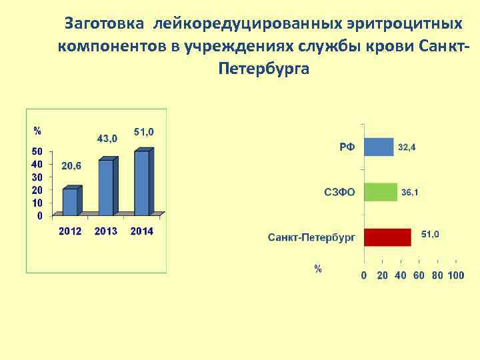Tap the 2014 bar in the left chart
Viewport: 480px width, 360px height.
[x=142, y=182]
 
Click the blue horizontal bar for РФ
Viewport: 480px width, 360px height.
[x=379, y=147]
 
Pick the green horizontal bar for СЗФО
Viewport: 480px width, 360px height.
[x=381, y=193]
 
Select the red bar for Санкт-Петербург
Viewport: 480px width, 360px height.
[x=387, y=237]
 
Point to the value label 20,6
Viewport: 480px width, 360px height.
[x=71, y=165]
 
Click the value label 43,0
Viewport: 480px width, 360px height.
[x=107, y=139]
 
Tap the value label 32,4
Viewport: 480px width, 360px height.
[x=407, y=147]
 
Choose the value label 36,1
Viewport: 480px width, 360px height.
[x=409, y=193]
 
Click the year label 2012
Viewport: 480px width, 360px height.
[x=70, y=231]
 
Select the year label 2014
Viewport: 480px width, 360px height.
[x=142, y=231]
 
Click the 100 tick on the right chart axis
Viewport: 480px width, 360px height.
[x=456, y=275]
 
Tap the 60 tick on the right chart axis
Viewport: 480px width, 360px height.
[x=419, y=275]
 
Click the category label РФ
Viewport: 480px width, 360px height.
[x=347, y=147]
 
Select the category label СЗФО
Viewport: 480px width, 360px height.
[x=339, y=193]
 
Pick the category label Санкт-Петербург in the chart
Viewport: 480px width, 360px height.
[x=311, y=237]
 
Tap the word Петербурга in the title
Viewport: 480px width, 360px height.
[x=263, y=69]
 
